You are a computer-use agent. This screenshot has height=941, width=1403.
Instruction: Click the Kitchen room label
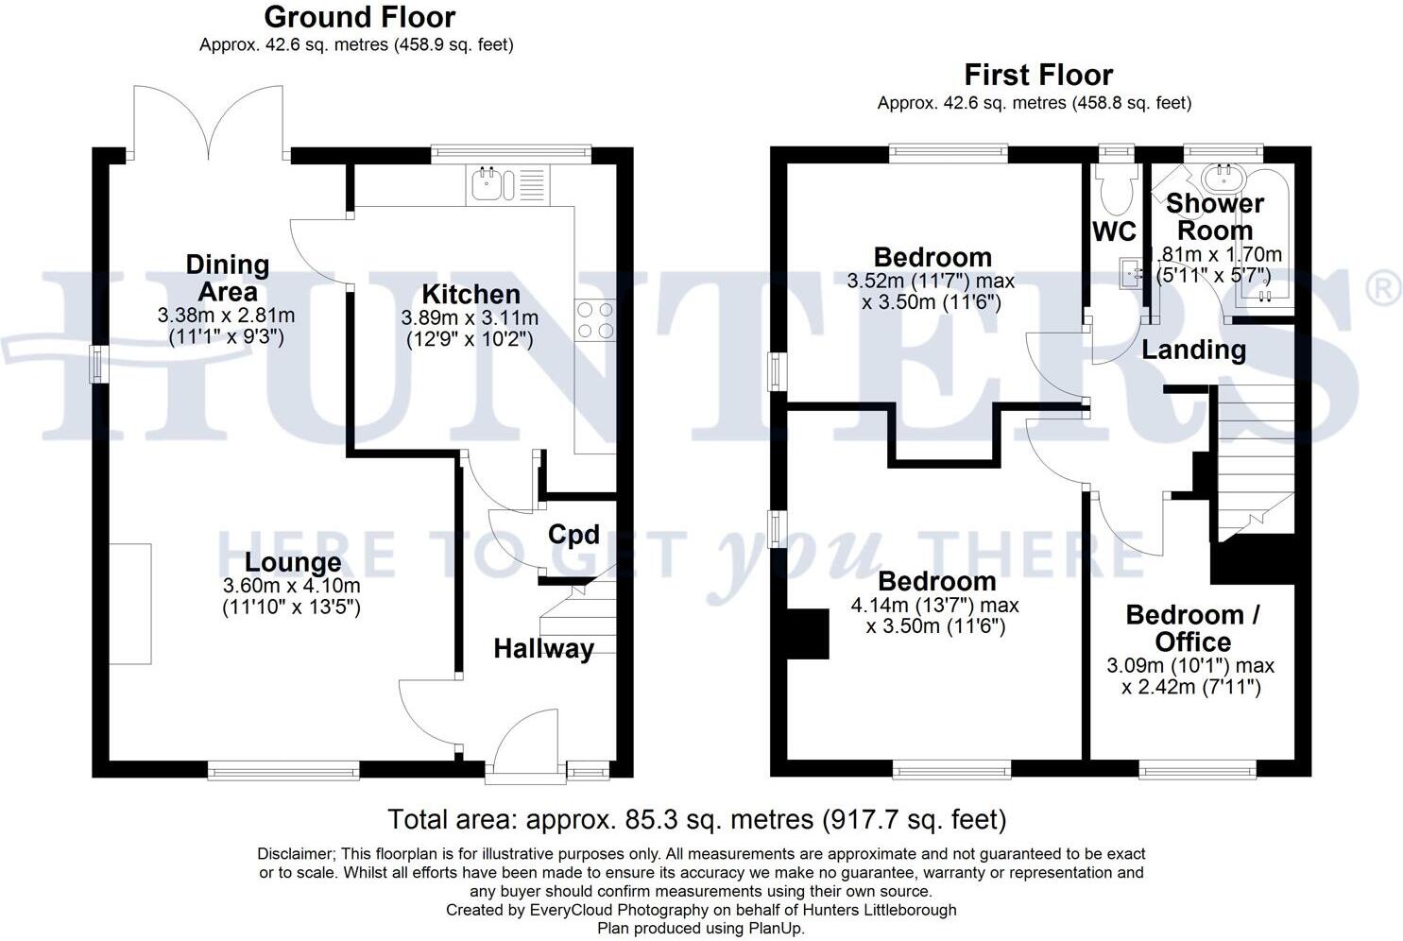pyautogui.click(x=471, y=294)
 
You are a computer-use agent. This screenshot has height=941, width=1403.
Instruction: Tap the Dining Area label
pyautogui.click(x=228, y=278)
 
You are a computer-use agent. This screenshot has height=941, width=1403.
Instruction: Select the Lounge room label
pyautogui.click(x=293, y=562)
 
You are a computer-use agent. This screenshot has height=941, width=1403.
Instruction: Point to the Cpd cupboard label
pyautogui.click(x=573, y=535)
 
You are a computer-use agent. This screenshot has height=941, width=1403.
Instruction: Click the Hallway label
pyautogui.click(x=543, y=649)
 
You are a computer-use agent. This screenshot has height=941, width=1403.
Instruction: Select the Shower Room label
pyautogui.click(x=1214, y=216)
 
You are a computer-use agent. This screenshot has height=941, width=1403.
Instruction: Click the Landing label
pyautogui.click(x=1193, y=350)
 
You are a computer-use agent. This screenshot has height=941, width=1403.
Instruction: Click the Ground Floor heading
pyautogui.click(x=359, y=17)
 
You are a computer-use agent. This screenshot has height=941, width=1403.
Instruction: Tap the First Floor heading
pyautogui.click(x=1037, y=75)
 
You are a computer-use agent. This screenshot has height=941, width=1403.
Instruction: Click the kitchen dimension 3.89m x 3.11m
pyautogui.click(x=470, y=318)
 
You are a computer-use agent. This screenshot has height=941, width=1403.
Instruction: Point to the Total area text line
pyautogui.click(x=697, y=818)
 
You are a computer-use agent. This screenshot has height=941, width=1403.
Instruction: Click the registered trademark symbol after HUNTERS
pyautogui.click(x=1384, y=287)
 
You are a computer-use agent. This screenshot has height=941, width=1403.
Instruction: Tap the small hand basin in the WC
pyautogui.click(x=1130, y=273)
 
